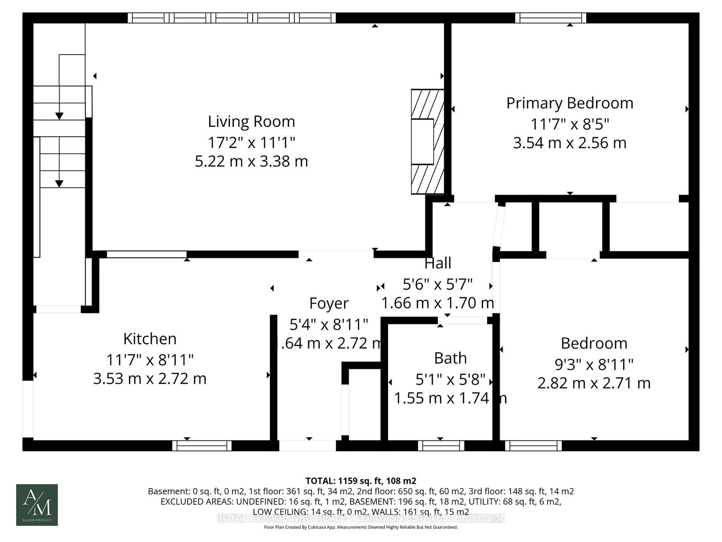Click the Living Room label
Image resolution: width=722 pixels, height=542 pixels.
point(251,121)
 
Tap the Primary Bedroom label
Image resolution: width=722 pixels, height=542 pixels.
point(569,103)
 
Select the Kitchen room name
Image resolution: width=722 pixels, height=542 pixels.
point(150,339)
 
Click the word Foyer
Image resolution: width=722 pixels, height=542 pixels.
point(329,304)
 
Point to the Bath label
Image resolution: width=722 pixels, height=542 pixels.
point(450,358)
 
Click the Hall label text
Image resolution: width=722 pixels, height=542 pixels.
point(438,263)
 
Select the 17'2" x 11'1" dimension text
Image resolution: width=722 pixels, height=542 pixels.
point(251,143)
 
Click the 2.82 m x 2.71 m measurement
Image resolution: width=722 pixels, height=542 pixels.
point(594,383)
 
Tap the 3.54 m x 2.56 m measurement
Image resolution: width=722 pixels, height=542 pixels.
point(569,143)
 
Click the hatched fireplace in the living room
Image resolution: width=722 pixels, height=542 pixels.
point(426,141)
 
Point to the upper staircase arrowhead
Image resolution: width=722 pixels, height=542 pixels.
point(59,116)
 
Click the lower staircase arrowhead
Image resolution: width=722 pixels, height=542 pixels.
point(59,183)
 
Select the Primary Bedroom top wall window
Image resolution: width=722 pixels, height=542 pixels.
point(551,18)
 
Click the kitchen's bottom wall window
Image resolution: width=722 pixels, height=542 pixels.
point(202,446)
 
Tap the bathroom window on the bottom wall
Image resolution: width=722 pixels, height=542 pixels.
point(441,446)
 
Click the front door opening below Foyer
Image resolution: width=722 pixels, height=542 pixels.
point(307,446)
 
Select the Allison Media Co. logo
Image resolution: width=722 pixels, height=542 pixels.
point(37,505)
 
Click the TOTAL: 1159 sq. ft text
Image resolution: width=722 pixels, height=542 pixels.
point(361,481)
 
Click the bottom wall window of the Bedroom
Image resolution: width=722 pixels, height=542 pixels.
point(533,446)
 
